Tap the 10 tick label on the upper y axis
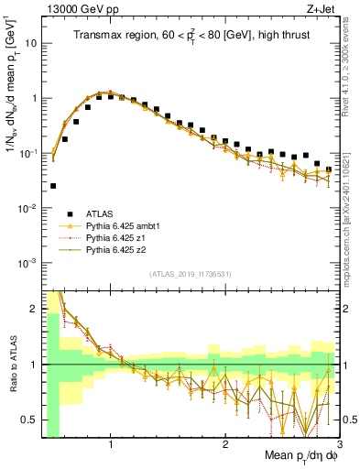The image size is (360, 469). [30, 43]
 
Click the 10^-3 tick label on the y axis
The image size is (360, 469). [28, 263]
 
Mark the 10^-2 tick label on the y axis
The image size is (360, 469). [28, 208]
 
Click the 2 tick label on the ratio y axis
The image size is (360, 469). [33, 309]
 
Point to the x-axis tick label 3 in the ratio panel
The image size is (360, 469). [339, 444]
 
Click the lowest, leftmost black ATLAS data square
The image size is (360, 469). [53, 186]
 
